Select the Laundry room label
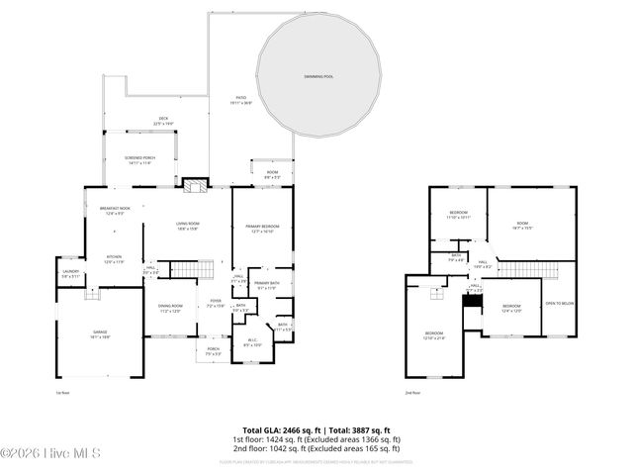[x=70, y=273]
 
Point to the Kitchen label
[x=115, y=259]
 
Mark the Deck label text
[x=163, y=121]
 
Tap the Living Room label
[x=188, y=227]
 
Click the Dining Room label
[x=171, y=308]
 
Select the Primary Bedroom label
[x=263, y=229]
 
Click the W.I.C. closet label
[x=252, y=342]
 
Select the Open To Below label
[x=559, y=304]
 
